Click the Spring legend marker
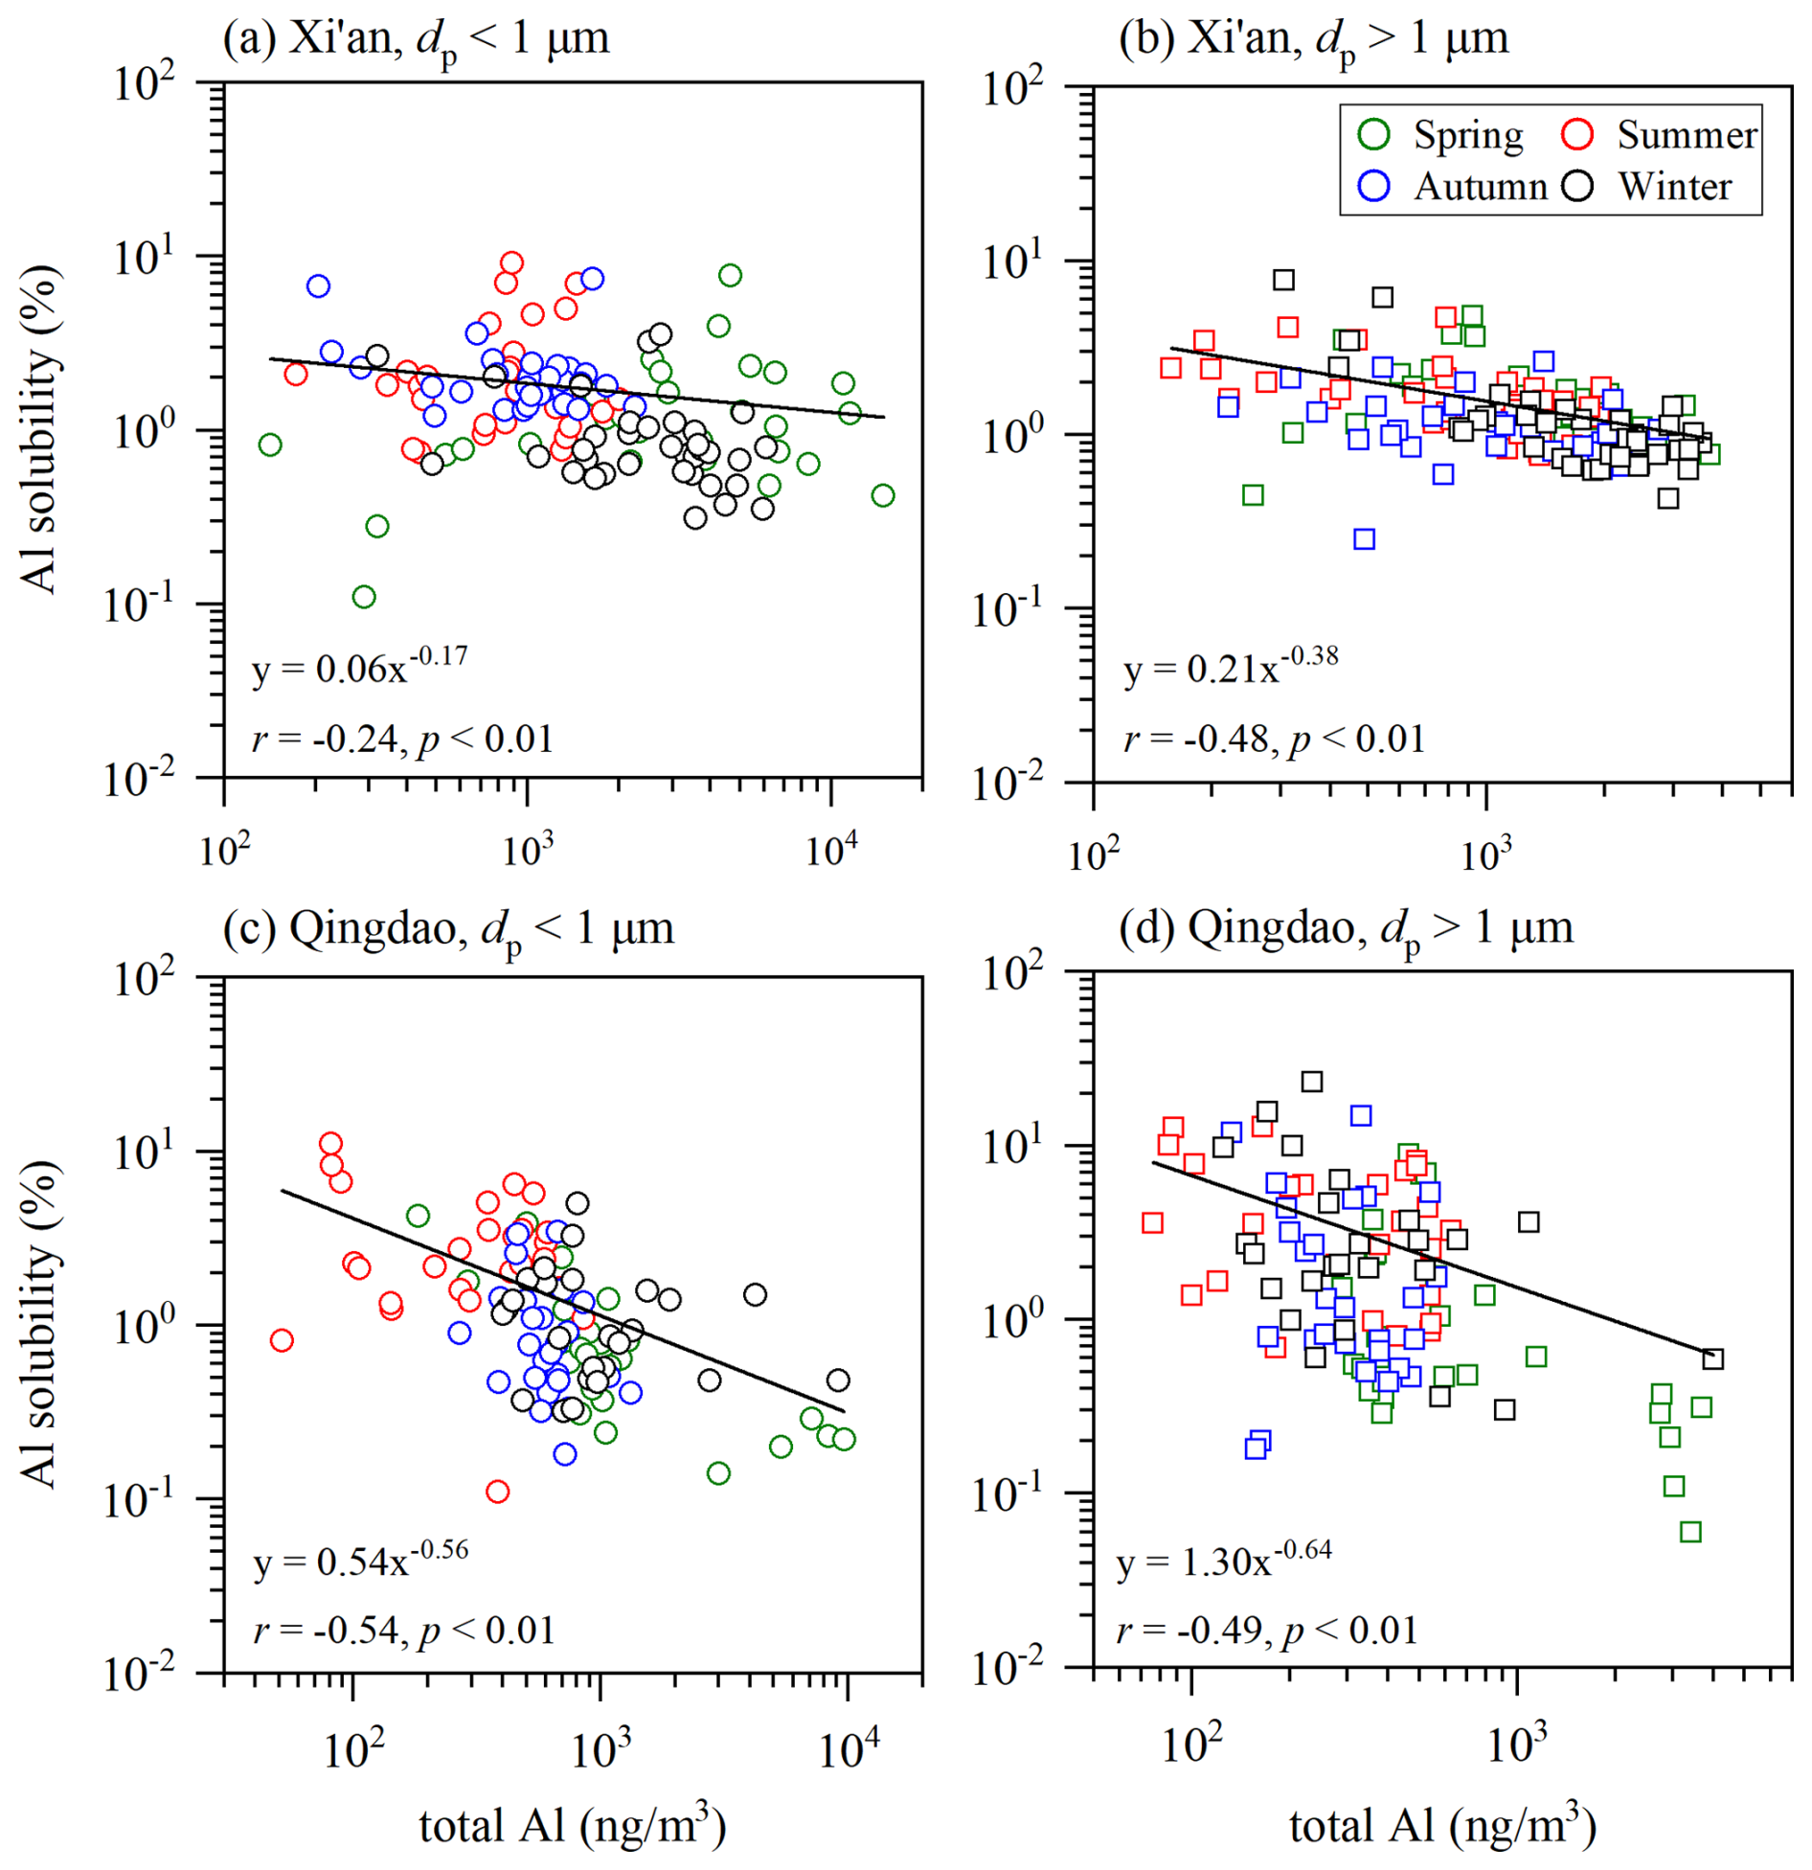tap(1373, 134)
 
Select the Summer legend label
tap(1687, 135)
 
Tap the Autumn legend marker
tap(1373, 185)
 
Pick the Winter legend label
tap(1675, 186)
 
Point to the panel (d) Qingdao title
tap(1346, 928)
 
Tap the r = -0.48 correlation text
tap(1274, 739)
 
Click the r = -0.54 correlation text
tap(403, 1630)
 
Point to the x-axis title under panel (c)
tap(572, 1825)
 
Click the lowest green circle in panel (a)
tap(364, 597)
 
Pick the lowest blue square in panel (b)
tap(1364, 539)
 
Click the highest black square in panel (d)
tap(1311, 1082)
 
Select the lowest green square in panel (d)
tap(1690, 1532)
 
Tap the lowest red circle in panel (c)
tap(497, 1491)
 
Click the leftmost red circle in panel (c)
tap(282, 1339)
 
